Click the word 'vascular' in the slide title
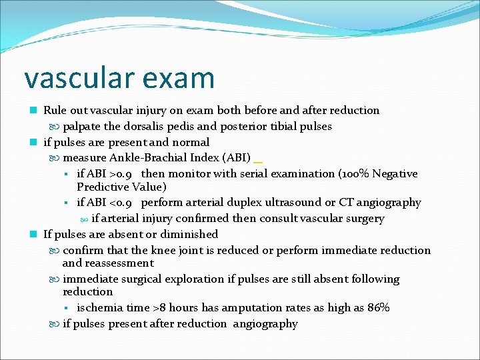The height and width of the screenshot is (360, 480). (75, 77)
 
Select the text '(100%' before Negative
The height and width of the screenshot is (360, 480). (354, 174)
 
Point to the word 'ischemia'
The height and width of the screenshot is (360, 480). (99, 307)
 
